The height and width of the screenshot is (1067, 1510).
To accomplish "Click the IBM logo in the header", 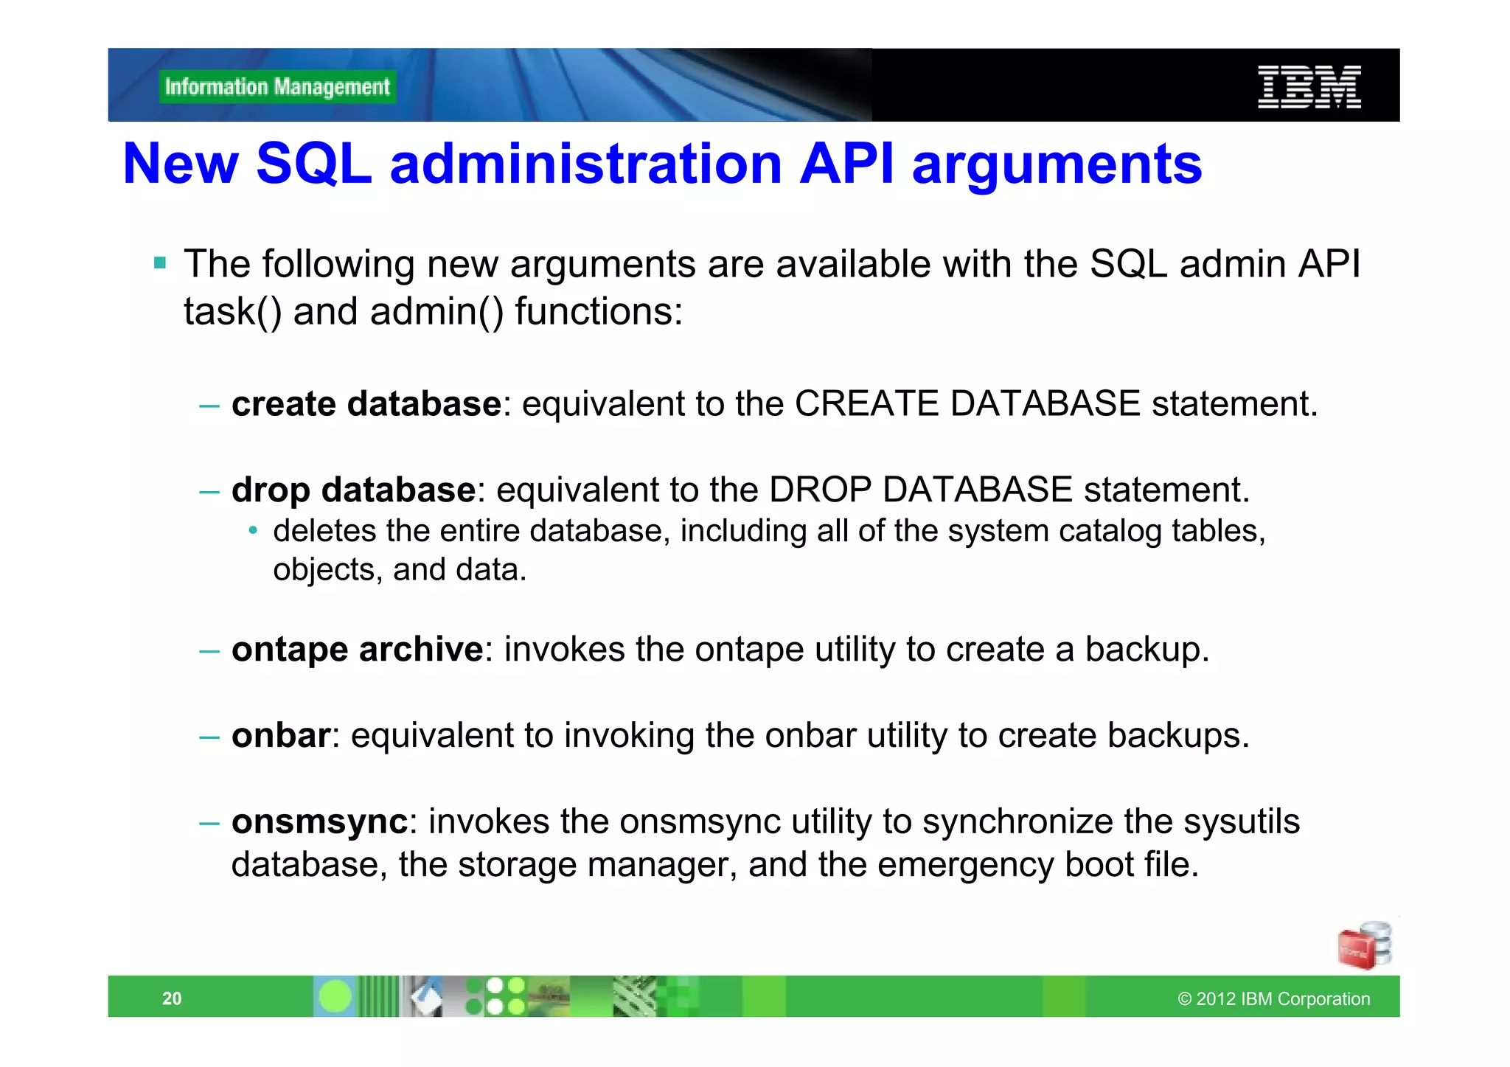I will point(1309,87).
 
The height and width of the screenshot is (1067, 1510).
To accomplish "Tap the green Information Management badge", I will point(277,87).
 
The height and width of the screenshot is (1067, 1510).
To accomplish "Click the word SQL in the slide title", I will point(314,164).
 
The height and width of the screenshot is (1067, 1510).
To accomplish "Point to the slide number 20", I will point(172,998).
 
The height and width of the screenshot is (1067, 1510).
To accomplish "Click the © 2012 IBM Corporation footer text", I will point(1273,998).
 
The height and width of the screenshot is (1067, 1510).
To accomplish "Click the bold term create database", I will point(366,404).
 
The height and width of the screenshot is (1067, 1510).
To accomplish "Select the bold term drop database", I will point(354,490).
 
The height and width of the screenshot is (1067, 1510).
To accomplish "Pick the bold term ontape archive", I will point(358,650).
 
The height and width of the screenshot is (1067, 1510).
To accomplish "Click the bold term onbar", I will point(281,736).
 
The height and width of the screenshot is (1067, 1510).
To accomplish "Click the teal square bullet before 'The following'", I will point(160,263).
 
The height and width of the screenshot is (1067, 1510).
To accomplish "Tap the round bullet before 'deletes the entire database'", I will point(253,531).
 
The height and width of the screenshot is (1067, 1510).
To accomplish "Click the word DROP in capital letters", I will point(820,490).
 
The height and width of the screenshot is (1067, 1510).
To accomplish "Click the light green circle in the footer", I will point(335,997).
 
